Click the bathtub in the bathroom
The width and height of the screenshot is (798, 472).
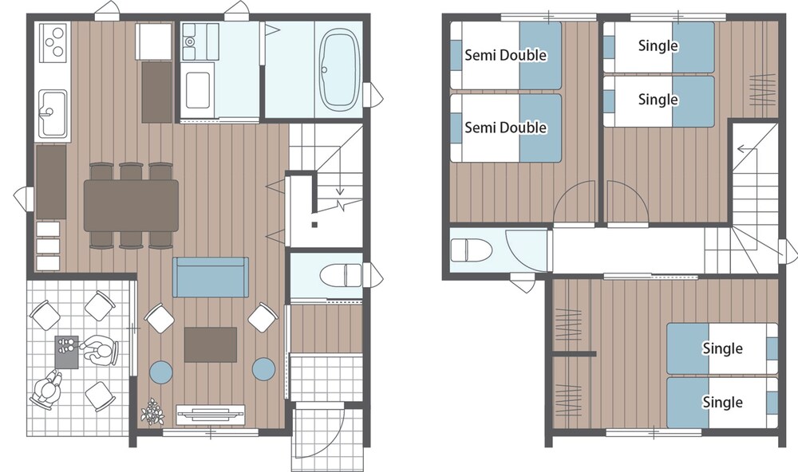tap(339, 70)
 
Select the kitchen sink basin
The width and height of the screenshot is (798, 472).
tap(53, 113)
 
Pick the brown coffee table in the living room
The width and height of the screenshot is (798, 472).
tap(210, 345)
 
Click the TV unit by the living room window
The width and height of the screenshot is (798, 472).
tap(210, 414)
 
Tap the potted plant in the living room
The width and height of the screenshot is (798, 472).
tap(152, 411)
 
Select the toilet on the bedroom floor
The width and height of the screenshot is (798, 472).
tap(472, 250)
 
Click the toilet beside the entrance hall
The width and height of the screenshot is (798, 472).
tap(341, 275)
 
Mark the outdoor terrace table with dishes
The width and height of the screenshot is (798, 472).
tap(67, 352)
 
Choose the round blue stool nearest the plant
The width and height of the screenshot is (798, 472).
tap(161, 371)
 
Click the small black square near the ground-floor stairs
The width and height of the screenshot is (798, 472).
tap(314, 225)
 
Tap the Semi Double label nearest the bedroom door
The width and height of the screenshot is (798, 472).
tap(505, 127)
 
